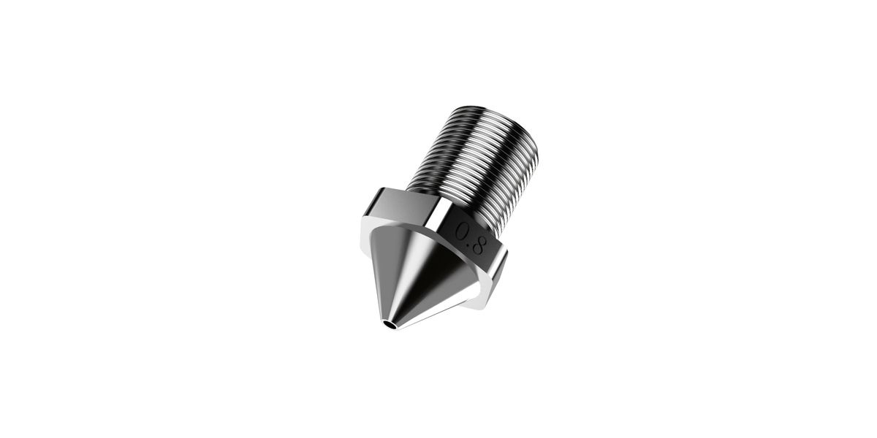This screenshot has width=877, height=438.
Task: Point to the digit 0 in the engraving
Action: click(x=464, y=231)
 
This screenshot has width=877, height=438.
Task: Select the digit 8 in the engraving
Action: click(x=480, y=245)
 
